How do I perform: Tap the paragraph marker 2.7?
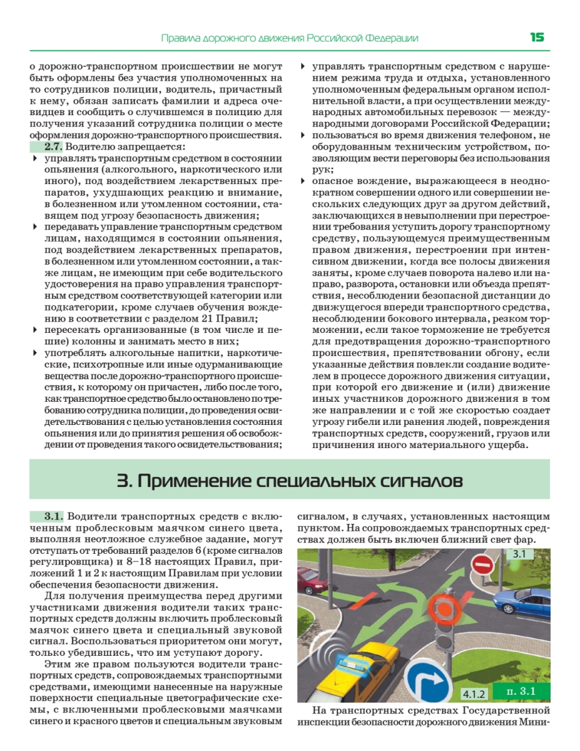coord(53,146)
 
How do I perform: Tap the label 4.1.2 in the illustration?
coord(474,693)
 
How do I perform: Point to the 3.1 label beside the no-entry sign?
coord(519,554)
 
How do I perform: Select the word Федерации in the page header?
coord(392,38)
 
